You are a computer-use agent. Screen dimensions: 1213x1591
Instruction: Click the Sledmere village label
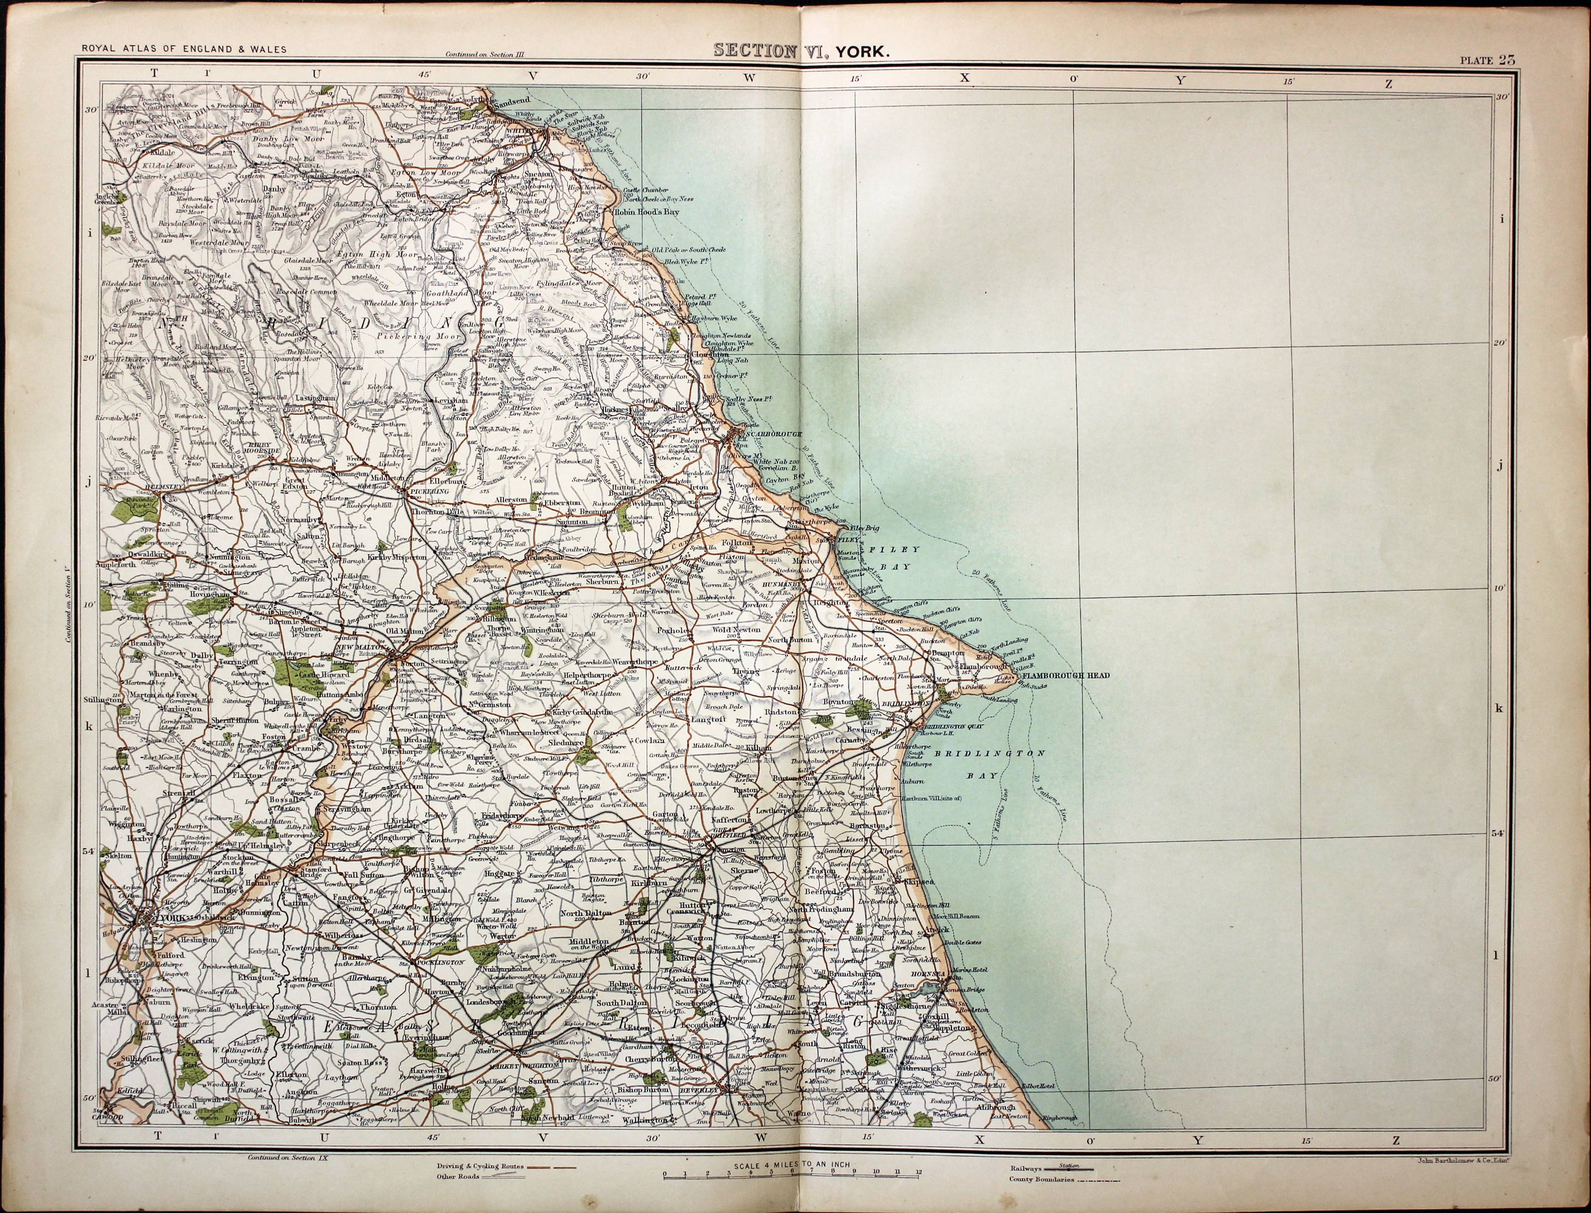(x=565, y=741)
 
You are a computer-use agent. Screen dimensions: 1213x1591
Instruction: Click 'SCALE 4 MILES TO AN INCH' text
(x=792, y=1165)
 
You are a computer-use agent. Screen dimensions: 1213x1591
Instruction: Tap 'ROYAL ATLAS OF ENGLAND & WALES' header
(x=183, y=49)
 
